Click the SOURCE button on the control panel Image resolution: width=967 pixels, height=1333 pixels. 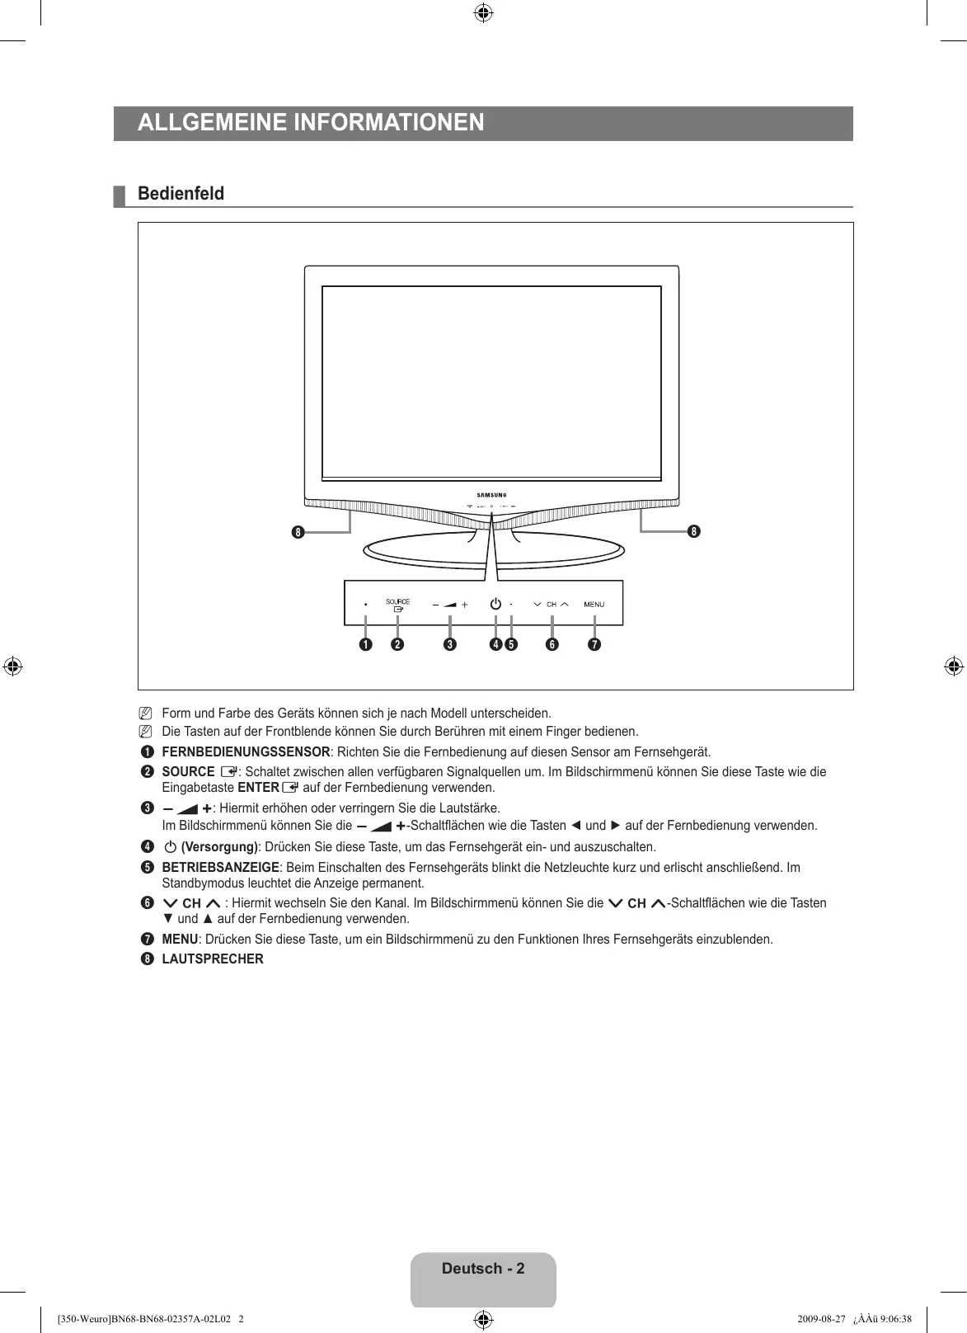397,605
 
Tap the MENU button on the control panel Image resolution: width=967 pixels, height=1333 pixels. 594,605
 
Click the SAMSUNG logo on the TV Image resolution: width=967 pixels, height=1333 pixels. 491,495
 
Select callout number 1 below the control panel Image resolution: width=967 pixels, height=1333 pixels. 364,644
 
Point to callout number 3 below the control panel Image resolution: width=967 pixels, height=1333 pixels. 449,644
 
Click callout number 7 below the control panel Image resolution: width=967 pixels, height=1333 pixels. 594,644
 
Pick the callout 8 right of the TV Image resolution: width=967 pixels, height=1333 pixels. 693,532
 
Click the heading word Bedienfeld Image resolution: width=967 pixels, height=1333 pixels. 181,194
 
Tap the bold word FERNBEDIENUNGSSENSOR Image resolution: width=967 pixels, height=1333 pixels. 246,752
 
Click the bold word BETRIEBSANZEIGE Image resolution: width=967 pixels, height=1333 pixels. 220,868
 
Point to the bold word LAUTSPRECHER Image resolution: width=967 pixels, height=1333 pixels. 213,959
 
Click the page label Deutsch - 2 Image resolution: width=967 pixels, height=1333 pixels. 483,1269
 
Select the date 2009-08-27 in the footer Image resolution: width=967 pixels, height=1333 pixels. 823,1318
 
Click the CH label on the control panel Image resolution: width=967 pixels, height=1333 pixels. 552,605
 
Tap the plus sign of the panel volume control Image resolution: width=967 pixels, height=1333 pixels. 465,605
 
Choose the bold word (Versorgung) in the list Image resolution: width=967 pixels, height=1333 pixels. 219,847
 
